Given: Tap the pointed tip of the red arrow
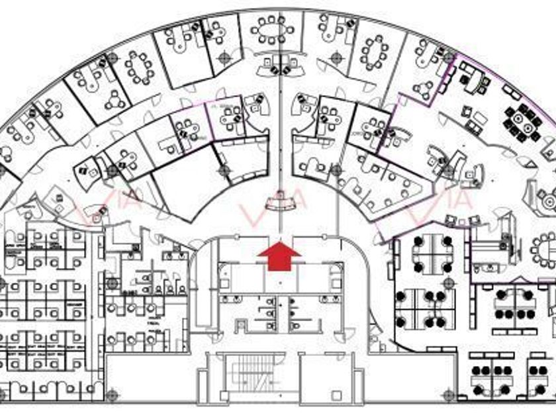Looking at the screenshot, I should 279,243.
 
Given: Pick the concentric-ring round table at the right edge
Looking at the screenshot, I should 547,198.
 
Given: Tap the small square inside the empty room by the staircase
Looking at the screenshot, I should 336,395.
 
